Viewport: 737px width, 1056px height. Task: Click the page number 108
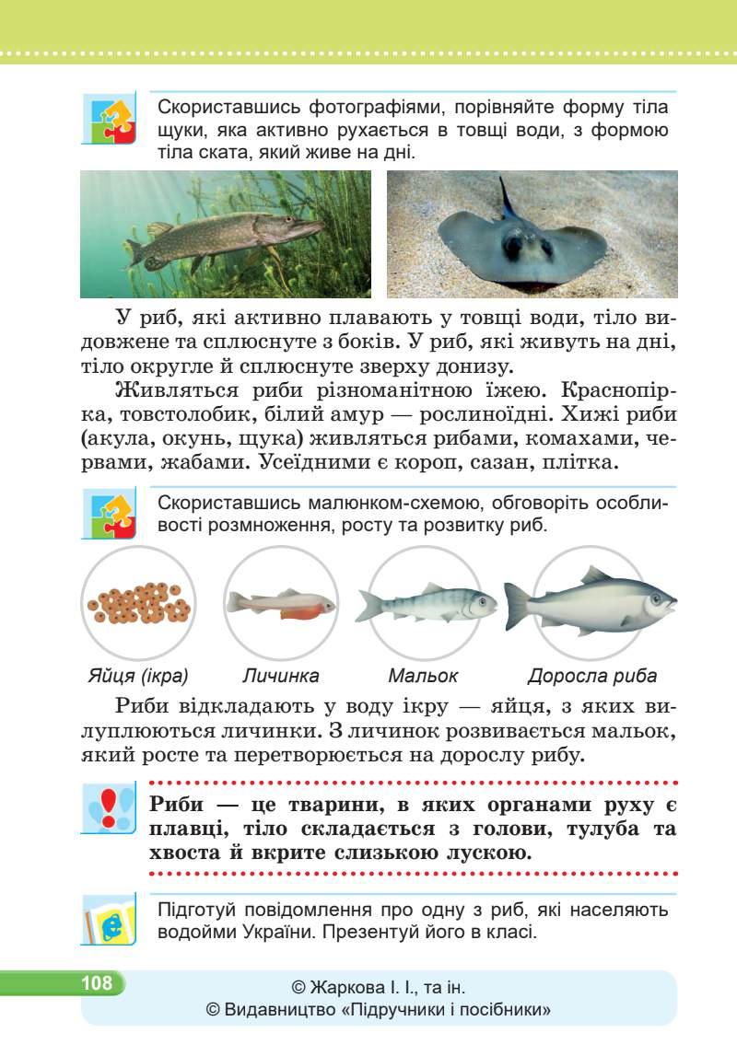coord(95,983)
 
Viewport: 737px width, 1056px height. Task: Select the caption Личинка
coord(281,676)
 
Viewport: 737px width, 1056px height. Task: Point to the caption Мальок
coord(423,676)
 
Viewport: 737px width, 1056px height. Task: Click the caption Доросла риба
coord(591,676)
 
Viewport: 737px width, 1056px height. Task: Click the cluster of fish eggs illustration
coord(138,602)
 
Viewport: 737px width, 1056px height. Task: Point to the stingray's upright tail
coord(506,193)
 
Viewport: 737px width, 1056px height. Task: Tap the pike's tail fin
coord(137,253)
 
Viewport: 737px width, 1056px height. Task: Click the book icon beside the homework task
coord(109,918)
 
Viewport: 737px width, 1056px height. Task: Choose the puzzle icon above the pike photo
coord(109,118)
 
